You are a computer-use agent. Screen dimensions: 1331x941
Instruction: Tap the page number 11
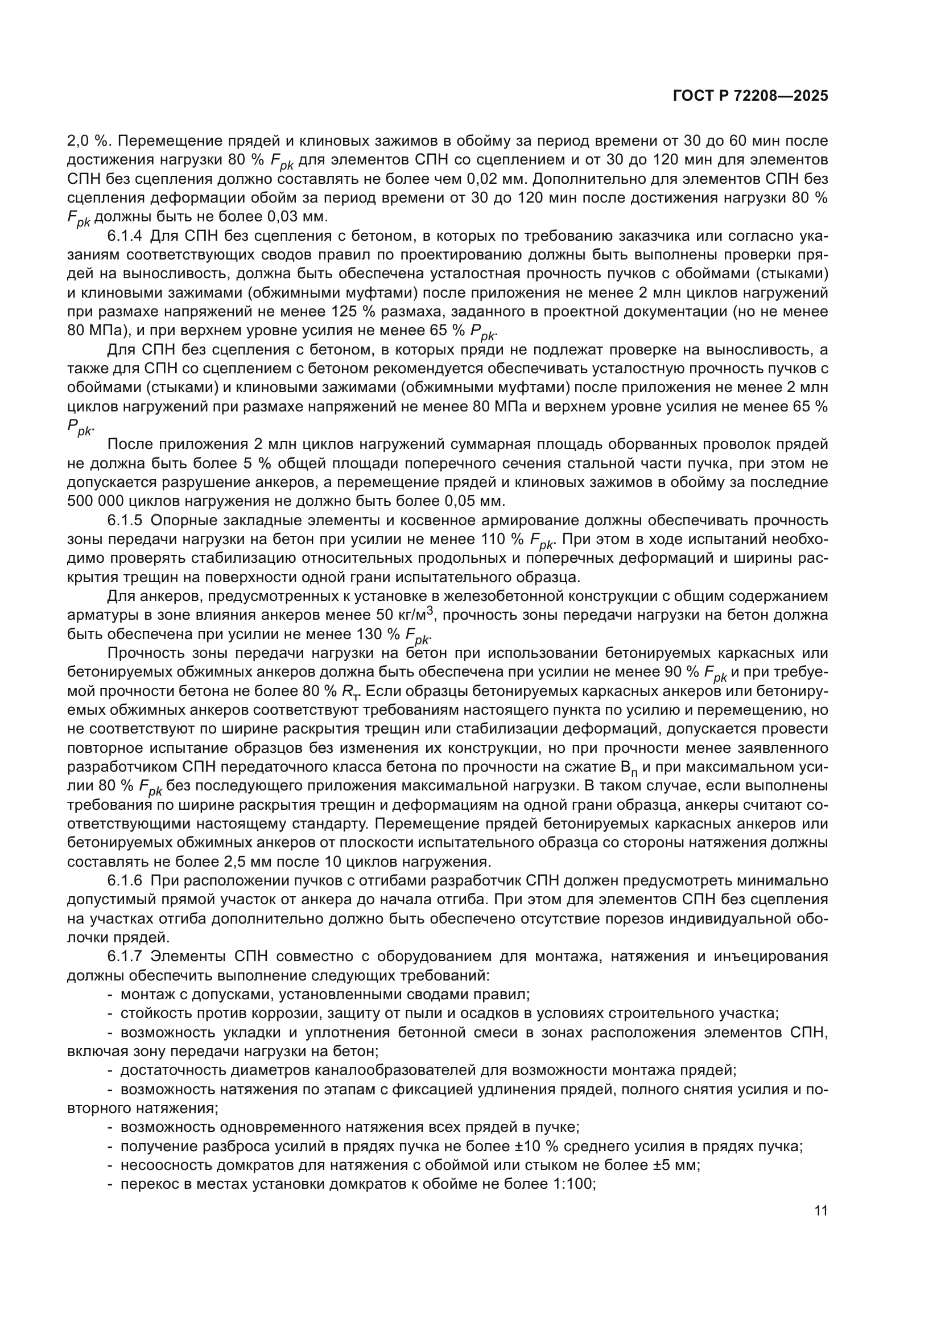point(820,1211)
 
